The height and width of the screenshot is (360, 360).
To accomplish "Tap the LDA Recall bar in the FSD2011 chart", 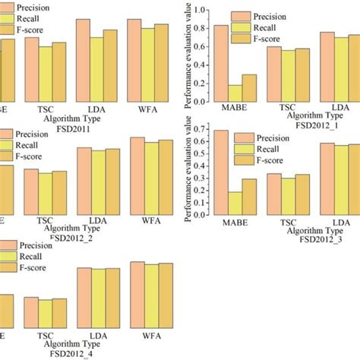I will point(96,68).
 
